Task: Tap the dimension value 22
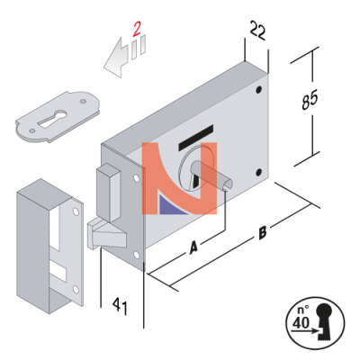258,30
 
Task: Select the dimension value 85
310,99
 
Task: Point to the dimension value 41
120,306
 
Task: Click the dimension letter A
193,247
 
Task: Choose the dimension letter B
263,232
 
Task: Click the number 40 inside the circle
301,322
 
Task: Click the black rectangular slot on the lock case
196,138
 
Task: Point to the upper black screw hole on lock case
258,90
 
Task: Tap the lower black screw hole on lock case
258,173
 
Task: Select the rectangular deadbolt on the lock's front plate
109,192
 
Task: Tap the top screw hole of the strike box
75,212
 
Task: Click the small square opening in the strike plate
58,270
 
